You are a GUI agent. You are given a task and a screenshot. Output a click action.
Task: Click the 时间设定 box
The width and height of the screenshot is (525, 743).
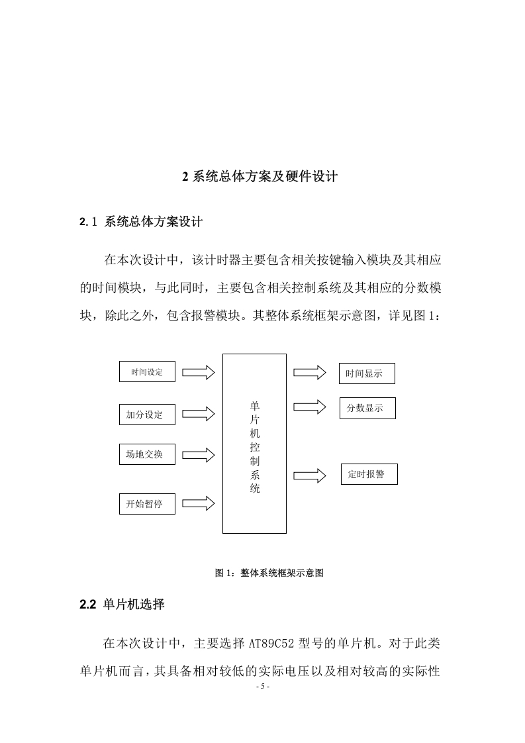coord(147,371)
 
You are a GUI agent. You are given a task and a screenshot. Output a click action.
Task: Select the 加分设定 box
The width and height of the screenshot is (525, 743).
coord(147,414)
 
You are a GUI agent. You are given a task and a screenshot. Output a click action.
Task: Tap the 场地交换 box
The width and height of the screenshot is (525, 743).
coord(147,454)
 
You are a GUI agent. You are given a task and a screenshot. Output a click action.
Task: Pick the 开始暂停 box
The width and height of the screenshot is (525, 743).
coord(147,504)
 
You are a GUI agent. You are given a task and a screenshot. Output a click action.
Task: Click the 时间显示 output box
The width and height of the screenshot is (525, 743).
coord(367,373)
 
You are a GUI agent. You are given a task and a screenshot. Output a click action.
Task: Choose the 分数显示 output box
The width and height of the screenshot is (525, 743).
coord(367,408)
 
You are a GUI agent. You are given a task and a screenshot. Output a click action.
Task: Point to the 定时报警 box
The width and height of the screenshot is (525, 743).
coord(369,474)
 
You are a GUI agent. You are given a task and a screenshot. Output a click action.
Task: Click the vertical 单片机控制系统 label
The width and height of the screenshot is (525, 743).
coord(255,447)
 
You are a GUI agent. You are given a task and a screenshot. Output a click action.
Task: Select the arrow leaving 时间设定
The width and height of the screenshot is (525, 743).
coord(199,372)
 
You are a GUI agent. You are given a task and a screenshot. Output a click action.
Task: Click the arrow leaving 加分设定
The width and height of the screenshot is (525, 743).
coord(199,414)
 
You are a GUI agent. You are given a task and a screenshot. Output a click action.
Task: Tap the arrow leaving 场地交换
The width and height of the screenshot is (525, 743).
coord(199,455)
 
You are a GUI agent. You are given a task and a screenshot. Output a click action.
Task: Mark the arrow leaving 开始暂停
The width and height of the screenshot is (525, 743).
coord(199,503)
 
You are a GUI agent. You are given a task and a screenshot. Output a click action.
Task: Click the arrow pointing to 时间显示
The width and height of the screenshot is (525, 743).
coord(310,372)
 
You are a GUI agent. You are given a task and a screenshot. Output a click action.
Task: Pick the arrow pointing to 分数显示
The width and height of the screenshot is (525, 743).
coord(310,407)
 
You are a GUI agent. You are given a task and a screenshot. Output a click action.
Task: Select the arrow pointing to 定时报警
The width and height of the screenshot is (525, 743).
coord(310,475)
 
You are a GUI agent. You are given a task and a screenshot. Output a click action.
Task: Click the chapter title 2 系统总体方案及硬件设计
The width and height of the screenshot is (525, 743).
coord(260,177)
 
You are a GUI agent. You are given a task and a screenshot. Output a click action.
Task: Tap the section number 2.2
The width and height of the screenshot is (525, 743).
coord(87,605)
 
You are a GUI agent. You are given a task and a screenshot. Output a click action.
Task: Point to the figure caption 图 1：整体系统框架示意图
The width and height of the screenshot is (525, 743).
coord(269,573)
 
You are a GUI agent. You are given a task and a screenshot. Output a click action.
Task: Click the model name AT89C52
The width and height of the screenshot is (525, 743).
coord(271,644)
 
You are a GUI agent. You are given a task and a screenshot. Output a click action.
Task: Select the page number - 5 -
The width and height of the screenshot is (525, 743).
coord(262,687)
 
